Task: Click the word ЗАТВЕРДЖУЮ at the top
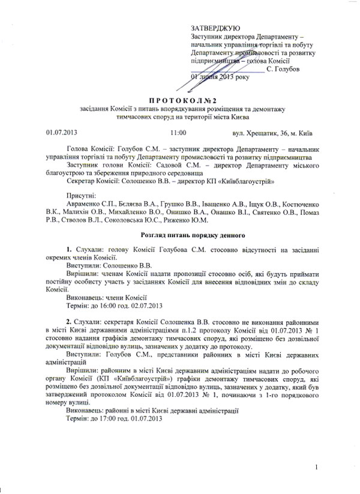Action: pos(215,28)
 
